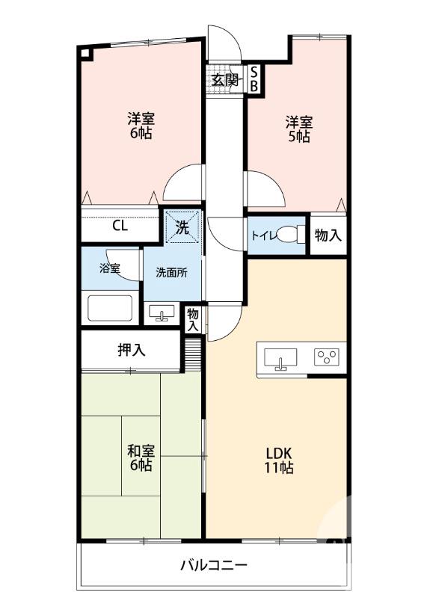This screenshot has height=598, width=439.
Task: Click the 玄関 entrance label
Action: pos(224,80)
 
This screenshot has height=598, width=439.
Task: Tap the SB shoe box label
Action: pos(254,79)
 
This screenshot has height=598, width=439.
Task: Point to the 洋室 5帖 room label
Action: pos(297,129)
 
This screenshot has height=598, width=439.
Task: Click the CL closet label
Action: pos(120,226)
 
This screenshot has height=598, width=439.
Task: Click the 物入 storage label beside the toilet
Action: pos(328,235)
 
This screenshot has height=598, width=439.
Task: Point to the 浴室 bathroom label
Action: pos(110,268)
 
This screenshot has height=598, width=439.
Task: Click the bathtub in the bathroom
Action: pos(111,308)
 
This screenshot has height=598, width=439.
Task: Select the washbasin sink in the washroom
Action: pos(161,313)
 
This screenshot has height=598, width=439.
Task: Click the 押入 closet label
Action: pos(131,350)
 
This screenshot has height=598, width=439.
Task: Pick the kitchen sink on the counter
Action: pos(281,357)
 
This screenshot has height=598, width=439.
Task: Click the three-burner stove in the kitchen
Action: pos(327,357)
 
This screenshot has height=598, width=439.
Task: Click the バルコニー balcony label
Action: pos(212,565)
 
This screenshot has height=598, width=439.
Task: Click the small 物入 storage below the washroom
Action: pos(193,319)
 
